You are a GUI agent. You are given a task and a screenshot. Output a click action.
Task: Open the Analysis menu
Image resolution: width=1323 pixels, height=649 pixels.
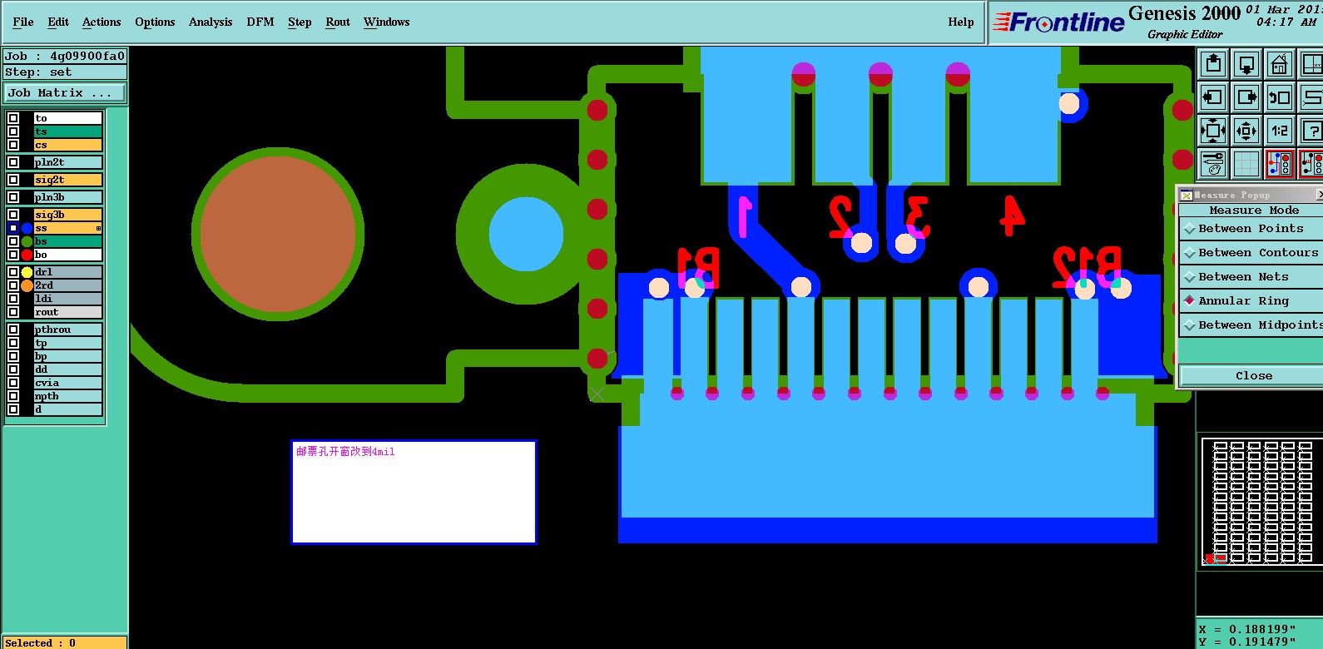(210, 22)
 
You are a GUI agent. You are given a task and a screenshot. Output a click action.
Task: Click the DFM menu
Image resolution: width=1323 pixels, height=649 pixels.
(260, 22)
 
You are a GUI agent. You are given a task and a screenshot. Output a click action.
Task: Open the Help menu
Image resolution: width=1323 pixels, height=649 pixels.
(960, 22)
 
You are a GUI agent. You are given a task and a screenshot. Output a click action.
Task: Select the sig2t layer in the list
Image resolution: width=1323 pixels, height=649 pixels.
(67, 180)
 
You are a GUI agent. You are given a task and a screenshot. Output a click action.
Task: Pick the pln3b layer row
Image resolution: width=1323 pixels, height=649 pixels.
(67, 197)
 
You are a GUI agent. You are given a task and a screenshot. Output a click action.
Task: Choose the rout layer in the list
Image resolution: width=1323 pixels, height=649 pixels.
(67, 312)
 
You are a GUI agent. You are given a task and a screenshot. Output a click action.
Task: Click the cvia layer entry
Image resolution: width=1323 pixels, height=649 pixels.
(67, 383)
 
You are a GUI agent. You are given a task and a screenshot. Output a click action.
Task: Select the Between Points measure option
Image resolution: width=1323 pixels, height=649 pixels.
(1251, 229)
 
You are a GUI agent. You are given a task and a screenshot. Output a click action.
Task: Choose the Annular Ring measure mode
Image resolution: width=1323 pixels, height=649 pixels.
(1243, 301)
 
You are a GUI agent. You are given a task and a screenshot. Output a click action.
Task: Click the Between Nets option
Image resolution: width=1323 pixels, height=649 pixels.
(1243, 277)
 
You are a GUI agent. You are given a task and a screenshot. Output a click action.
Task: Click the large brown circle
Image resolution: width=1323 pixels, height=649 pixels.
(277, 234)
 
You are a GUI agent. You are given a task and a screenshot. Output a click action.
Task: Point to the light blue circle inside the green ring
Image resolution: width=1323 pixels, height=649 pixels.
(526, 234)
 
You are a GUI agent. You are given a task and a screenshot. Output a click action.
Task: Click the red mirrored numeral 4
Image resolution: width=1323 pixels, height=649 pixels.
(1012, 216)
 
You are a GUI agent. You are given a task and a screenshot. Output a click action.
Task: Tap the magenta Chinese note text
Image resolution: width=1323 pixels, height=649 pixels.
(345, 452)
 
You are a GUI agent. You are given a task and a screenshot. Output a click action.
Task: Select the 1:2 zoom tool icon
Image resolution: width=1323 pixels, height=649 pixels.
(1279, 131)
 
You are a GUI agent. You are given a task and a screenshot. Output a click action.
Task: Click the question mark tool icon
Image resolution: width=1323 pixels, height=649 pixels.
(1311, 131)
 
